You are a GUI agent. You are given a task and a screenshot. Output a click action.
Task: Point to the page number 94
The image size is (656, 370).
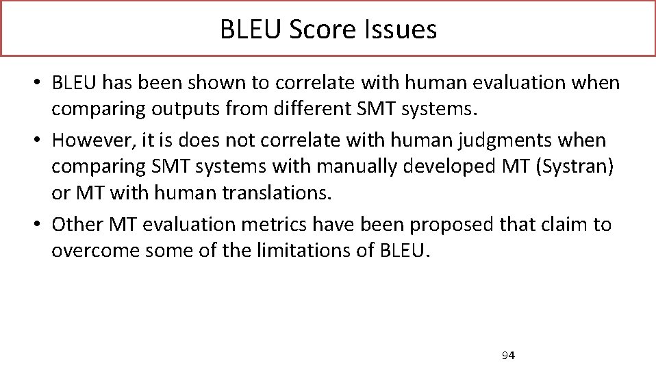pyautogui.click(x=508, y=355)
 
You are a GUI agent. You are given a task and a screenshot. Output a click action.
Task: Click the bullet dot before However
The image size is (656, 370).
pyautogui.click(x=42, y=141)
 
